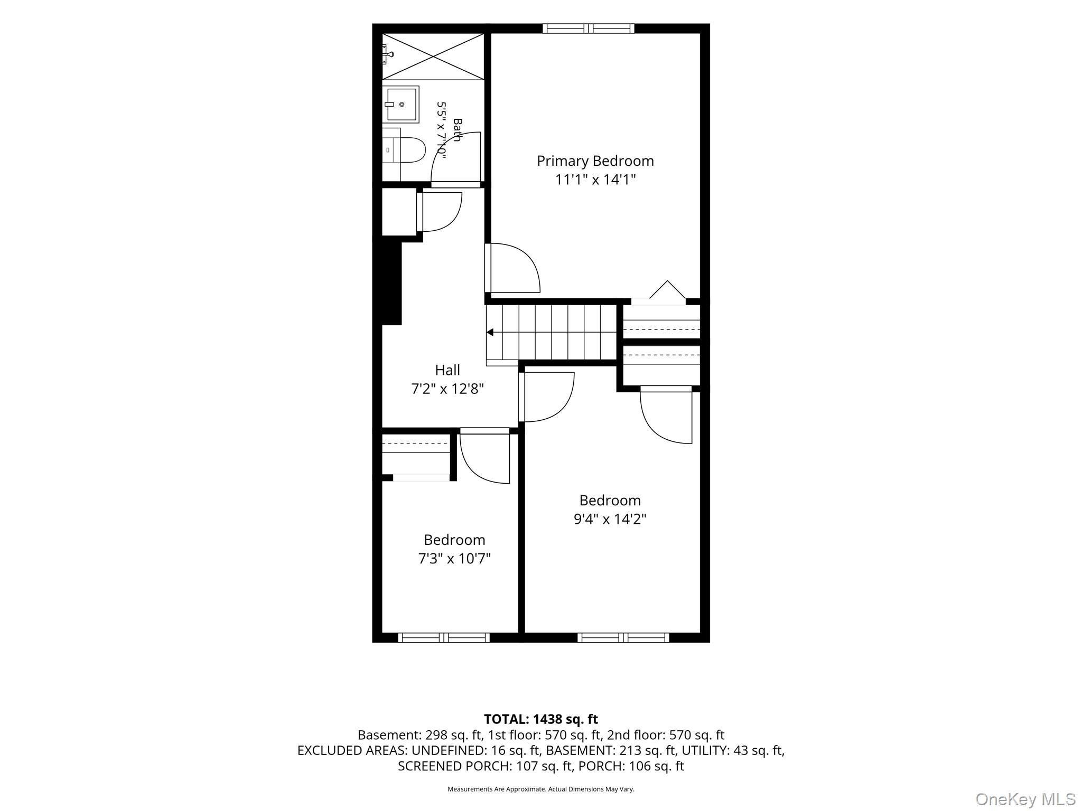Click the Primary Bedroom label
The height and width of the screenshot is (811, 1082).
point(595,161)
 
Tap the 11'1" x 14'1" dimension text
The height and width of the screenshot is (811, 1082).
point(595,180)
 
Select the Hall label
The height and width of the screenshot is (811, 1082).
point(447,370)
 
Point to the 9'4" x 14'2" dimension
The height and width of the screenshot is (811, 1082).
point(610,519)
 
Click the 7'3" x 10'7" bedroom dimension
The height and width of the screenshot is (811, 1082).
point(455,559)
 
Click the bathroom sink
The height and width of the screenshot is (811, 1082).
point(400,105)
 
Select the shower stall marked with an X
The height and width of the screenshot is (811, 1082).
point(433,56)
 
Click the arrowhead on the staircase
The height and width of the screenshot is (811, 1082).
point(490,332)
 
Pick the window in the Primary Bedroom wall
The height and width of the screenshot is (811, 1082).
point(589,29)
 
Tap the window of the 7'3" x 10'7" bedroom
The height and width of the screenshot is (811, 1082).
point(444,637)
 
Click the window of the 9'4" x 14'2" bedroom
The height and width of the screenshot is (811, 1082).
point(623,637)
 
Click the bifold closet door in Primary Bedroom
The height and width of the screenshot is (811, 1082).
point(667,290)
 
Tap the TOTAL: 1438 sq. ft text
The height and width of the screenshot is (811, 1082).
point(541,719)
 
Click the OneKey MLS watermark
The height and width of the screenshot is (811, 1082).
point(1025,799)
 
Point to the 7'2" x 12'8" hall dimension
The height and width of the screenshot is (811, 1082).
point(447,389)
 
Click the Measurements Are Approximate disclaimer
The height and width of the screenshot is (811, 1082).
point(541,789)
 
